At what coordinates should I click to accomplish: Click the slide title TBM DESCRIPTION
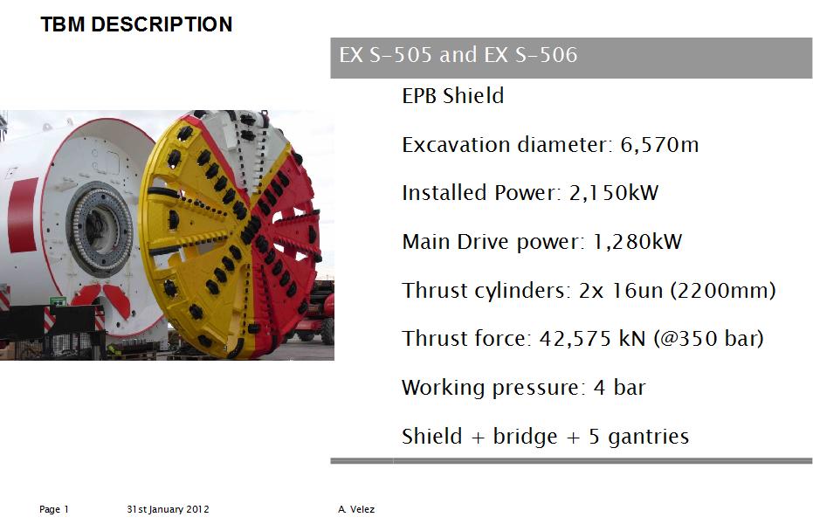pos(136,24)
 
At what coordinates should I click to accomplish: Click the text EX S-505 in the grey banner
pos(385,54)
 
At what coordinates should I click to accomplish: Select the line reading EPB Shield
pos(452,95)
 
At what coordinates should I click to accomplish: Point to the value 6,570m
pos(659,145)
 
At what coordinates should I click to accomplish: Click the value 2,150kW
pos(614,193)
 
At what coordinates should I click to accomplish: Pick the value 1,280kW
pos(637,242)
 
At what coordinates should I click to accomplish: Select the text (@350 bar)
pos(709,339)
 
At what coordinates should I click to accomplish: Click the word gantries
pos(649,438)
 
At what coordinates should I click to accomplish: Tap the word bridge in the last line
pos(525,438)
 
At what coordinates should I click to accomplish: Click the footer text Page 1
pos(54,509)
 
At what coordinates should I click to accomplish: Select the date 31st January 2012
pos(168,509)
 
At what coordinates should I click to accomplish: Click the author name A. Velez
pos(356,509)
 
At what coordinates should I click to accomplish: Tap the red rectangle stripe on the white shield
pos(23,215)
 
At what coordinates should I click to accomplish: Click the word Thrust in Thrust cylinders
pos(435,290)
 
